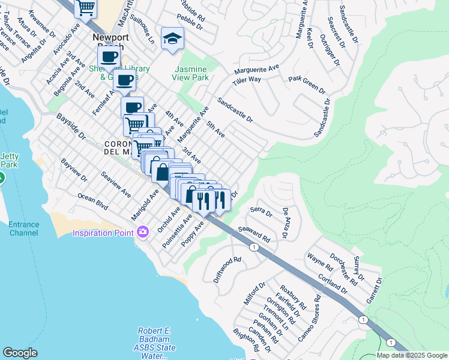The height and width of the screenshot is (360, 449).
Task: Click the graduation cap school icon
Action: (x=172, y=38)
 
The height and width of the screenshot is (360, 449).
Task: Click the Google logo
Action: (x=20, y=353)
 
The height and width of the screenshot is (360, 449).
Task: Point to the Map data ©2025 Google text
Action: (x=411, y=355)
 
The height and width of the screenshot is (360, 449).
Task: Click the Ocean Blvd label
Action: (x=93, y=202)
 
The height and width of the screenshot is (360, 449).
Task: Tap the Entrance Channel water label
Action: (x=24, y=229)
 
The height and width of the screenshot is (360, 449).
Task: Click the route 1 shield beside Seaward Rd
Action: (x=255, y=247)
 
